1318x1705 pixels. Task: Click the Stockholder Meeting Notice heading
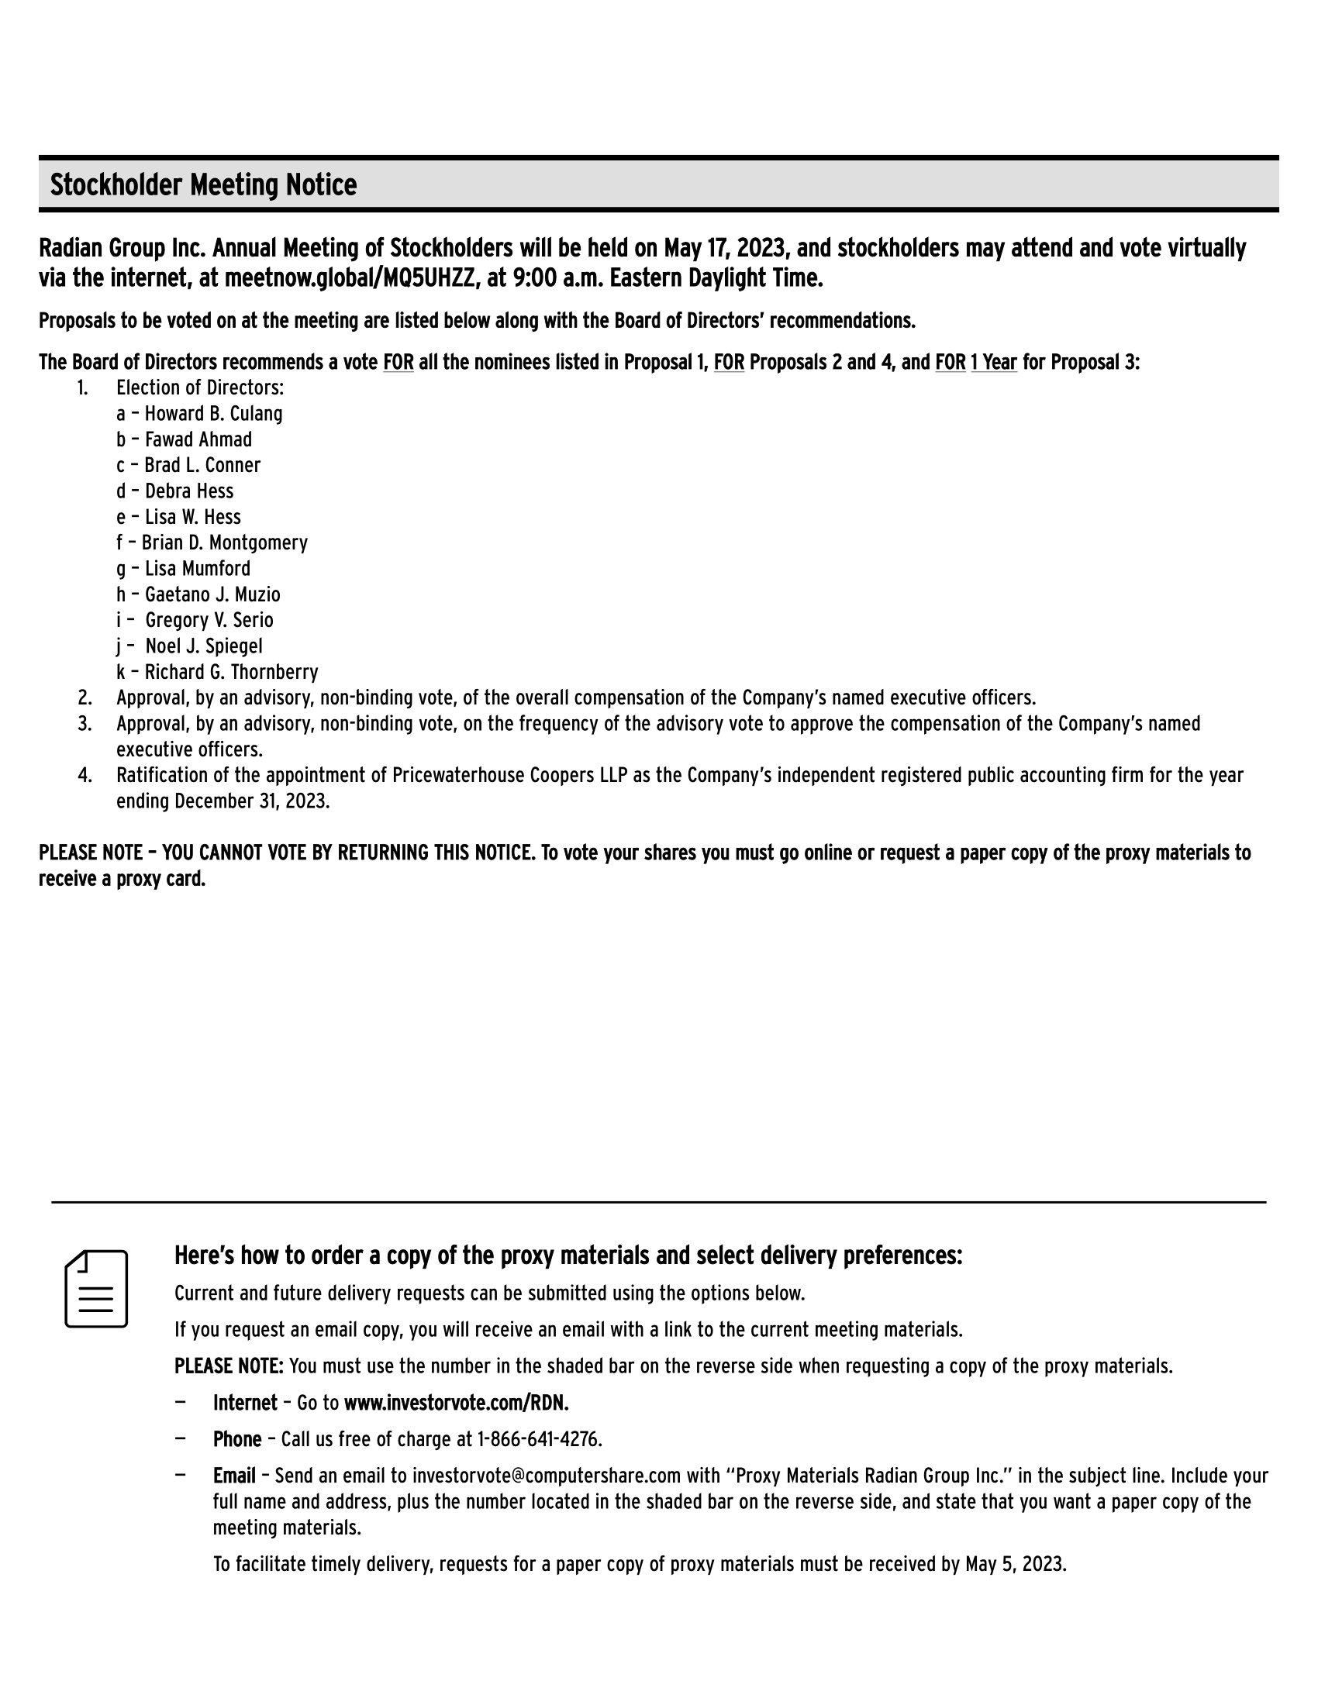click(x=203, y=185)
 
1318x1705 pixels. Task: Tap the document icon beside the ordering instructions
click(x=96, y=1289)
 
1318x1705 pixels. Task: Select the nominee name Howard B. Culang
click(x=213, y=414)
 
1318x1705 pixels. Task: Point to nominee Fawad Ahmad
click(x=198, y=439)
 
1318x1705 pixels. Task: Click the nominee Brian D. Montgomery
click(x=225, y=542)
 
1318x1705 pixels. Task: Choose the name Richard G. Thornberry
click(x=231, y=672)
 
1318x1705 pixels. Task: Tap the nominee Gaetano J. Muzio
click(x=212, y=595)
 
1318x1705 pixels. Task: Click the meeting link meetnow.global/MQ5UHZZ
click(x=350, y=278)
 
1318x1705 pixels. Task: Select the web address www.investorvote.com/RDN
click(x=456, y=1403)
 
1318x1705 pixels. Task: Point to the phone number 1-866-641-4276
click(x=539, y=1440)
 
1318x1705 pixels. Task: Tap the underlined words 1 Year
click(x=994, y=362)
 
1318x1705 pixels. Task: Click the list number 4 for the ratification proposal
click(x=85, y=776)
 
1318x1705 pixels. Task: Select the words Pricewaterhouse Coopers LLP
click(x=510, y=776)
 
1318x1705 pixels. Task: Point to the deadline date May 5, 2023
click(x=1014, y=1565)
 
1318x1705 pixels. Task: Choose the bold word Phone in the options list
click(x=237, y=1440)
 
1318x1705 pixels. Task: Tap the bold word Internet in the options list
click(x=245, y=1403)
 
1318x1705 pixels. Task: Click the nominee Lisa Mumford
click(x=198, y=569)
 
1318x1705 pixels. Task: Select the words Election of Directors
click(x=200, y=388)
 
